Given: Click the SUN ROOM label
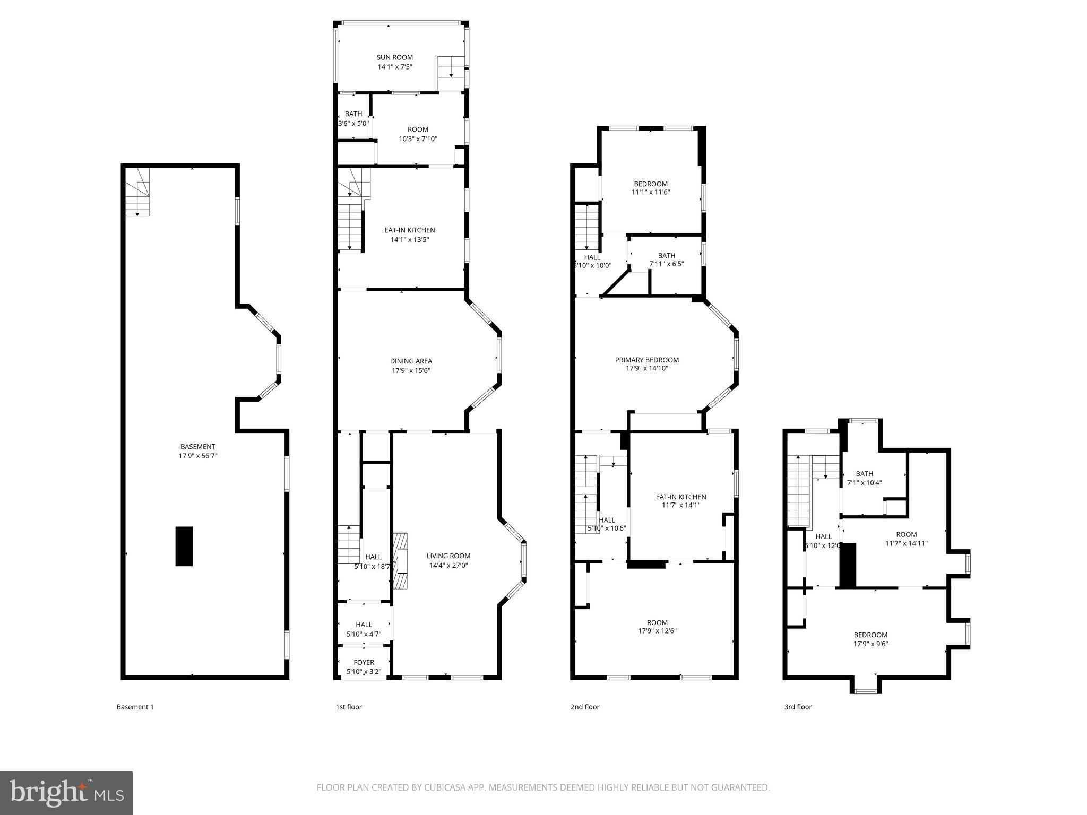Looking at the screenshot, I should (394, 57).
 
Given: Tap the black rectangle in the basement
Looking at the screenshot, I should (184, 546).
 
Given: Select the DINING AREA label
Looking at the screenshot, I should (411, 361).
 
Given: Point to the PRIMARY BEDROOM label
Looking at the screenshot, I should (646, 360).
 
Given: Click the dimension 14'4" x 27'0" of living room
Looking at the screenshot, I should (448, 566).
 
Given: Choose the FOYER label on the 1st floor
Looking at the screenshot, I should (364, 662).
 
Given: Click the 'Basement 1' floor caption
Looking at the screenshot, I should (135, 707).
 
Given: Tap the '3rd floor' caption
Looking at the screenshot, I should (798, 707).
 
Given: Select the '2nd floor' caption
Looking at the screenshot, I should (585, 707).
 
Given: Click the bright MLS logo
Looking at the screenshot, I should (66, 792).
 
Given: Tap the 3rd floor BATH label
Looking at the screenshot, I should (864, 474).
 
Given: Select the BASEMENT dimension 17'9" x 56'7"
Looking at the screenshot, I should (198, 456).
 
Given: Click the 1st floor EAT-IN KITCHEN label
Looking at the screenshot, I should (409, 230).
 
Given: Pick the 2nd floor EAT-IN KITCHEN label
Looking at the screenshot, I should (680, 497).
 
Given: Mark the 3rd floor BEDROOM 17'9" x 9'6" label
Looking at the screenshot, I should (870, 635).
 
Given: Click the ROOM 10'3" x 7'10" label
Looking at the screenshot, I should (418, 129).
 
